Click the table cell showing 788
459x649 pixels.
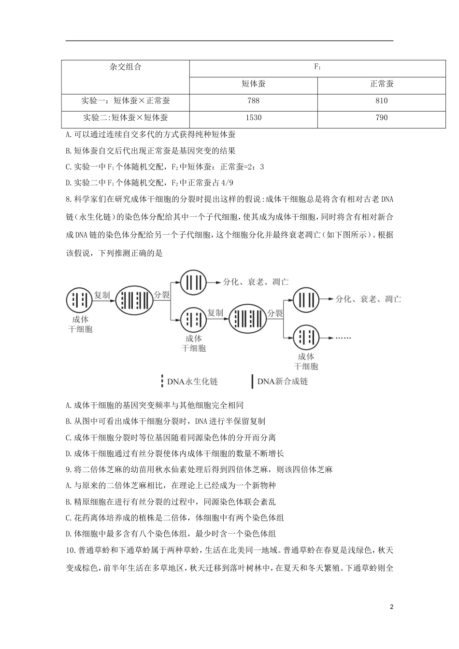(253, 101)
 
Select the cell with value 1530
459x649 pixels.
(253, 118)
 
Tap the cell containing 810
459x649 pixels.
(381, 101)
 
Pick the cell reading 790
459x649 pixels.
(381, 118)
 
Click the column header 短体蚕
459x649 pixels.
(253, 84)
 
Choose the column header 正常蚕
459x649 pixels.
(381, 84)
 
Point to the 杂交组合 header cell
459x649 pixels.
(125, 67)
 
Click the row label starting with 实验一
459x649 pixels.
(125, 101)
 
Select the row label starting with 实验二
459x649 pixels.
(125, 118)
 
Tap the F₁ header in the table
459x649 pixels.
(317, 67)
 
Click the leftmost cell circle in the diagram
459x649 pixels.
(79, 300)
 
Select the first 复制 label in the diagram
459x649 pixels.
(102, 295)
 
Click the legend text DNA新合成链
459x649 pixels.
(282, 381)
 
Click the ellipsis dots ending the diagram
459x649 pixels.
(343, 337)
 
